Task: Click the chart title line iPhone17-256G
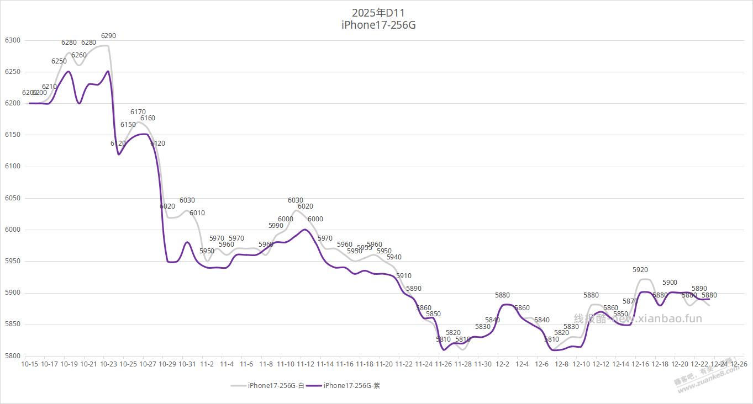pyautogui.click(x=378, y=25)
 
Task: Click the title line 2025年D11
pyautogui.click(x=378, y=12)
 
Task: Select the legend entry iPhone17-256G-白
pyautogui.click(x=275, y=385)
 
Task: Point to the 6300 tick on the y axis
pyautogui.click(x=12, y=40)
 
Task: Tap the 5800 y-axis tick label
pyautogui.click(x=12, y=356)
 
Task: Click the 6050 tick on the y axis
pyautogui.click(x=12, y=198)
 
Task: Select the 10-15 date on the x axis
pyautogui.click(x=30, y=364)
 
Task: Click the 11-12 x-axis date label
pyautogui.click(x=306, y=364)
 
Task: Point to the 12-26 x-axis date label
pyautogui.click(x=739, y=364)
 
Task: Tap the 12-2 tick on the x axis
pyautogui.click(x=503, y=364)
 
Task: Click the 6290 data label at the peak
pyautogui.click(x=108, y=36)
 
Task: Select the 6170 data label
pyautogui.click(x=138, y=112)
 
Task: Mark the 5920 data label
pyautogui.click(x=640, y=270)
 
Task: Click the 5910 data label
pyautogui.click(x=404, y=276)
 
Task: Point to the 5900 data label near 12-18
pyautogui.click(x=670, y=283)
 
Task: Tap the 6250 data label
pyautogui.click(x=59, y=61)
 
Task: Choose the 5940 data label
pyautogui.click(x=394, y=257)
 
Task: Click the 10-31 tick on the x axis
pyautogui.click(x=187, y=364)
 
